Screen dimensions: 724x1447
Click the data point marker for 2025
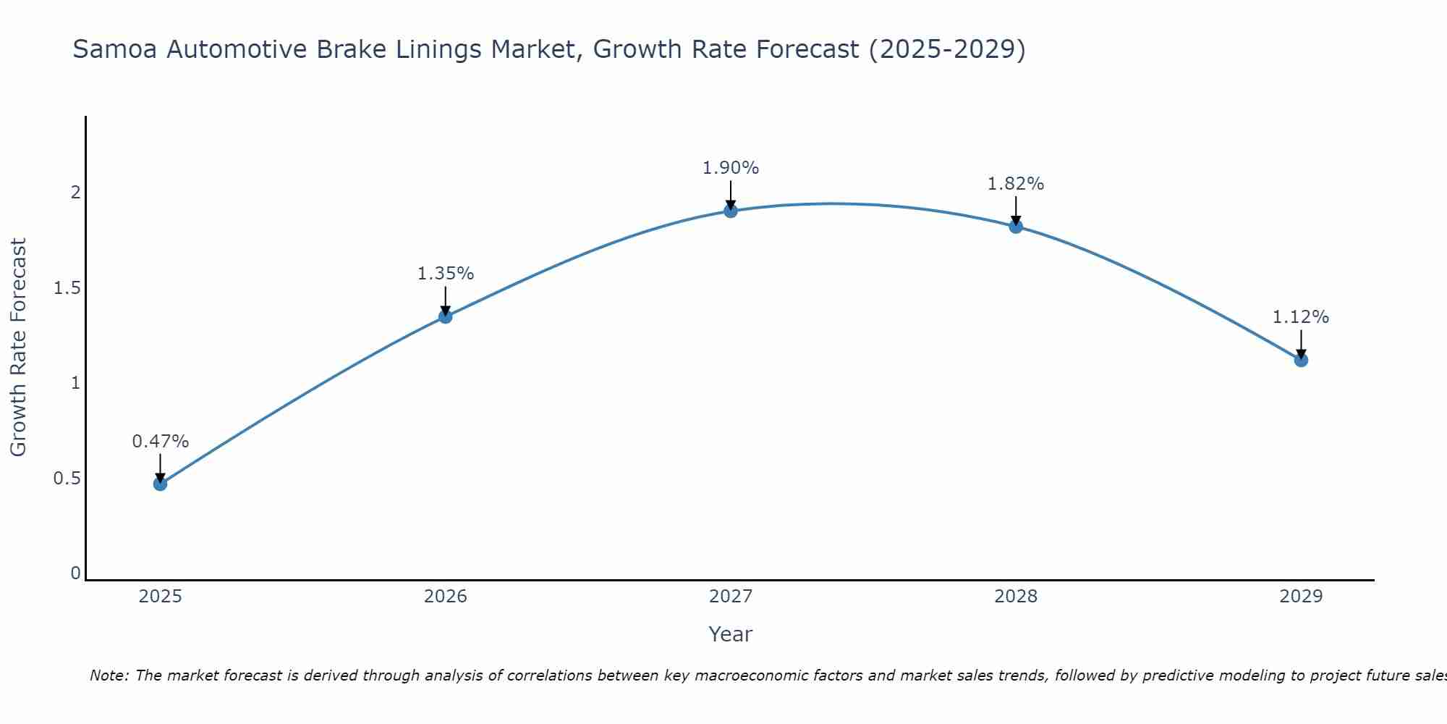[161, 484]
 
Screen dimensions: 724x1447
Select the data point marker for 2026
[446, 316]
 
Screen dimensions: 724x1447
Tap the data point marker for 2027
[731, 211]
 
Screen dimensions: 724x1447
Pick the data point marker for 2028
[1016, 226]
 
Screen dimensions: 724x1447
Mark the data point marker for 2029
[1301, 360]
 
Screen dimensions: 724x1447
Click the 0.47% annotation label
[161, 442]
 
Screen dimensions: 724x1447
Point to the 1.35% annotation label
[446, 274]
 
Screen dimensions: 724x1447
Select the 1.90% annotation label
[731, 168]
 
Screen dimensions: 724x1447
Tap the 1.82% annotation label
[1016, 184]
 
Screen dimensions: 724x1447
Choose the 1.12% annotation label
[1301, 317]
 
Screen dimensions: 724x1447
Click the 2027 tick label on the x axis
[731, 597]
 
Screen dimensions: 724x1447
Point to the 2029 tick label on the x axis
[1301, 597]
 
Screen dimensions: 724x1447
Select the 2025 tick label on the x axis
[161, 597]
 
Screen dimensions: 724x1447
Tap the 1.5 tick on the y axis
[67, 288]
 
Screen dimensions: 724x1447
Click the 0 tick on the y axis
[75, 573]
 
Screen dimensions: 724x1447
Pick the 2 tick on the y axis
[75, 193]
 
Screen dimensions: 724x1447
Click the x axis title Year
[731, 634]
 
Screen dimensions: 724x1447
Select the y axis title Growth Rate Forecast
[18, 348]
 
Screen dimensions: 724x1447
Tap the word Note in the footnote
[109, 675]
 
